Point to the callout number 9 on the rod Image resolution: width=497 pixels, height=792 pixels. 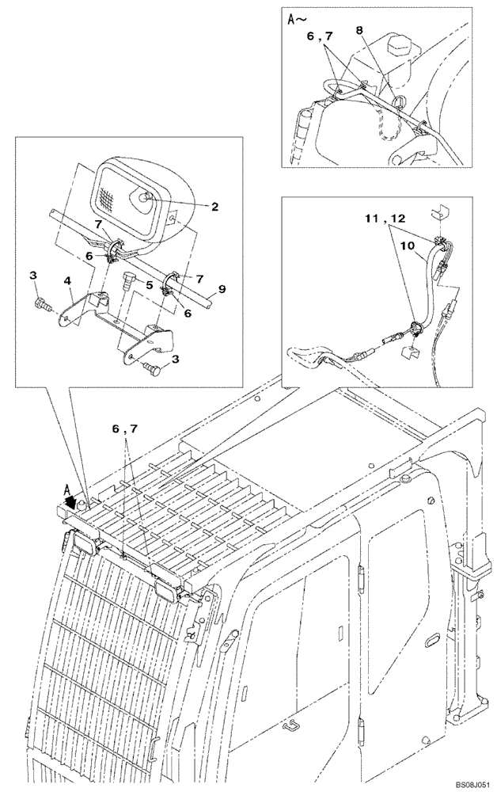point(222,289)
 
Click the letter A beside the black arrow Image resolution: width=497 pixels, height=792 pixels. point(67,489)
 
